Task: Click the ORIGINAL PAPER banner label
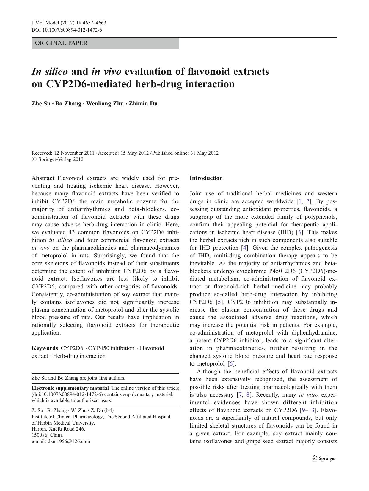tap(61, 43)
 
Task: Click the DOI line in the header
tap(67, 30)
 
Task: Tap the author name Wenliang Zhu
tap(105, 104)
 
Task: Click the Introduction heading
tap(206, 178)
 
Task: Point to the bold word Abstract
tap(43, 178)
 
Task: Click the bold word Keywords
tap(45, 348)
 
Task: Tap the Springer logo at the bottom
tap(324, 459)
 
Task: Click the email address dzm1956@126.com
tap(69, 442)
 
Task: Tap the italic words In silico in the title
tap(50, 72)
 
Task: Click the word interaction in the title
tap(210, 84)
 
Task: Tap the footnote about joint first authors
tap(78, 378)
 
